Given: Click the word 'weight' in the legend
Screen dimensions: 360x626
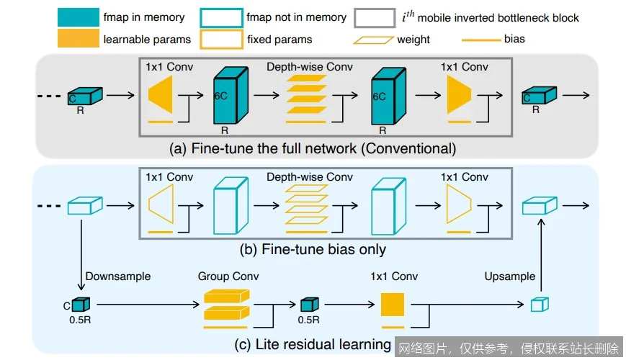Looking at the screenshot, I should coord(413,39).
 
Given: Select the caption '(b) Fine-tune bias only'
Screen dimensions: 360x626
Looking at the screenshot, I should coord(312,250).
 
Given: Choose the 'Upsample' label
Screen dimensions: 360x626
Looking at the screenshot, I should coord(510,276).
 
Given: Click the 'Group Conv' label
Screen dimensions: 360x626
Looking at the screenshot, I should coord(228,276).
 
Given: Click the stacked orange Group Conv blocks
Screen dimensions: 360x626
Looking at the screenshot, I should coord(226,305).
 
